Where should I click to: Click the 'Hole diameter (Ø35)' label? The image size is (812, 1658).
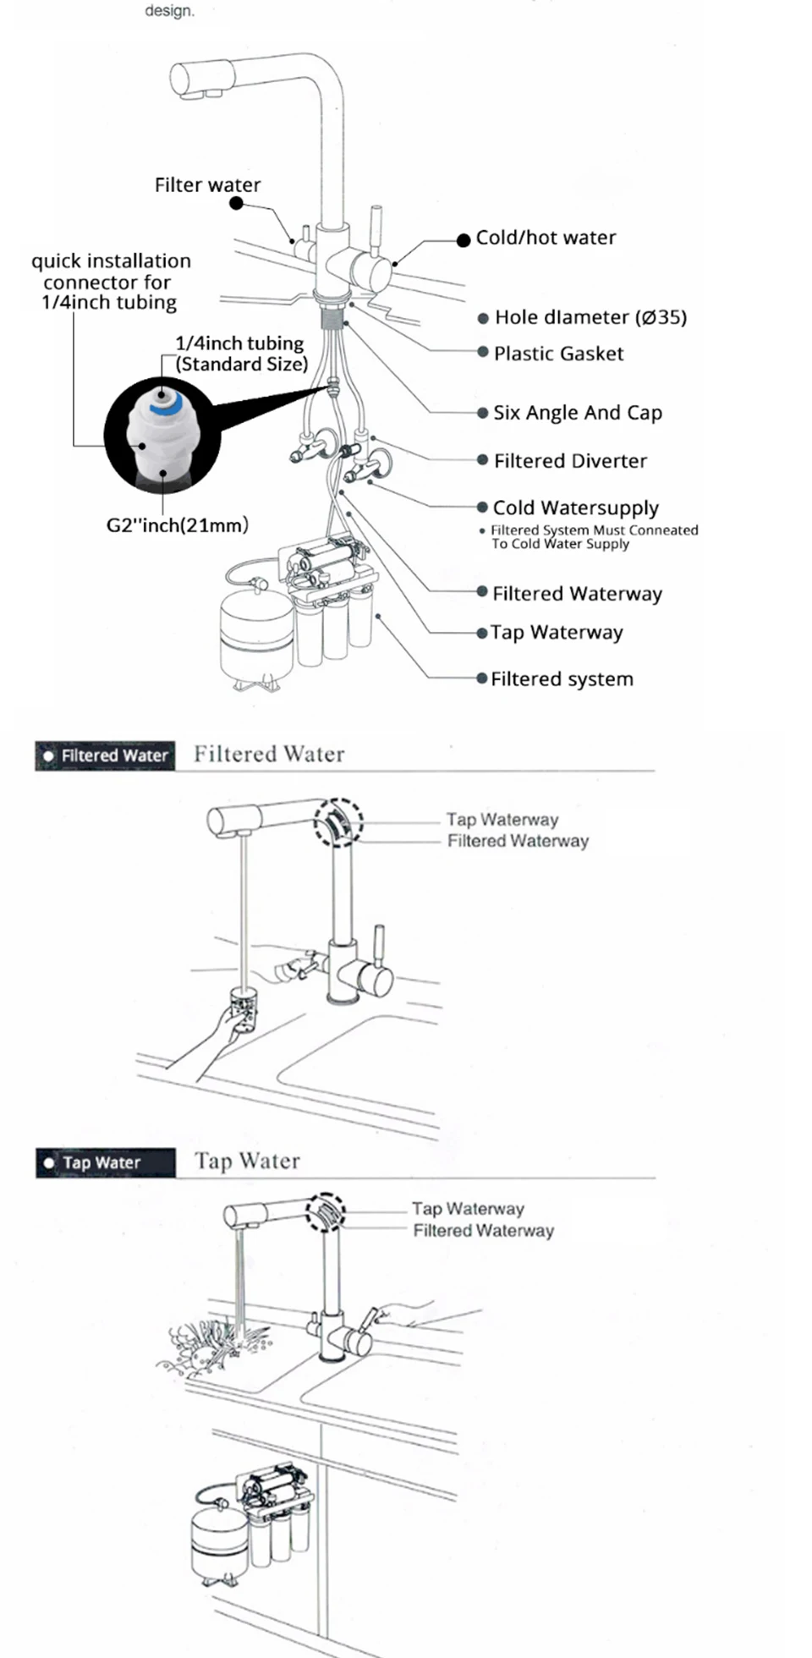click(x=590, y=317)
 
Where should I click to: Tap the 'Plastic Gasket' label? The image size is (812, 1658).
click(x=558, y=354)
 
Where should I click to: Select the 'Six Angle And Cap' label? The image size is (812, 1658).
click(x=577, y=413)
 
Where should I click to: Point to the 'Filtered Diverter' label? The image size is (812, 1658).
click(x=570, y=461)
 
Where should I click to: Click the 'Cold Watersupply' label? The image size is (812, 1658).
click(x=575, y=508)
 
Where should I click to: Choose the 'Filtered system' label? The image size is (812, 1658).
click(x=562, y=679)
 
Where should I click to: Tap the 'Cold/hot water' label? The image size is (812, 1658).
click(x=546, y=238)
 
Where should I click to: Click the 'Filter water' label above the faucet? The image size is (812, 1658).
click(x=207, y=185)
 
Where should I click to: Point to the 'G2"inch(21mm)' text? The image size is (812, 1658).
click(x=177, y=525)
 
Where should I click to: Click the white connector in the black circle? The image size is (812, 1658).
click(x=161, y=436)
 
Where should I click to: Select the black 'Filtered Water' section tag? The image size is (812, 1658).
click(x=105, y=755)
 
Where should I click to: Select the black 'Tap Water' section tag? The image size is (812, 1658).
click(x=105, y=1163)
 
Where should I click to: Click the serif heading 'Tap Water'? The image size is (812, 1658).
click(x=247, y=1161)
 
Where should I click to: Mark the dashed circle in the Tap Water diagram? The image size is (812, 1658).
click(x=326, y=1211)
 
